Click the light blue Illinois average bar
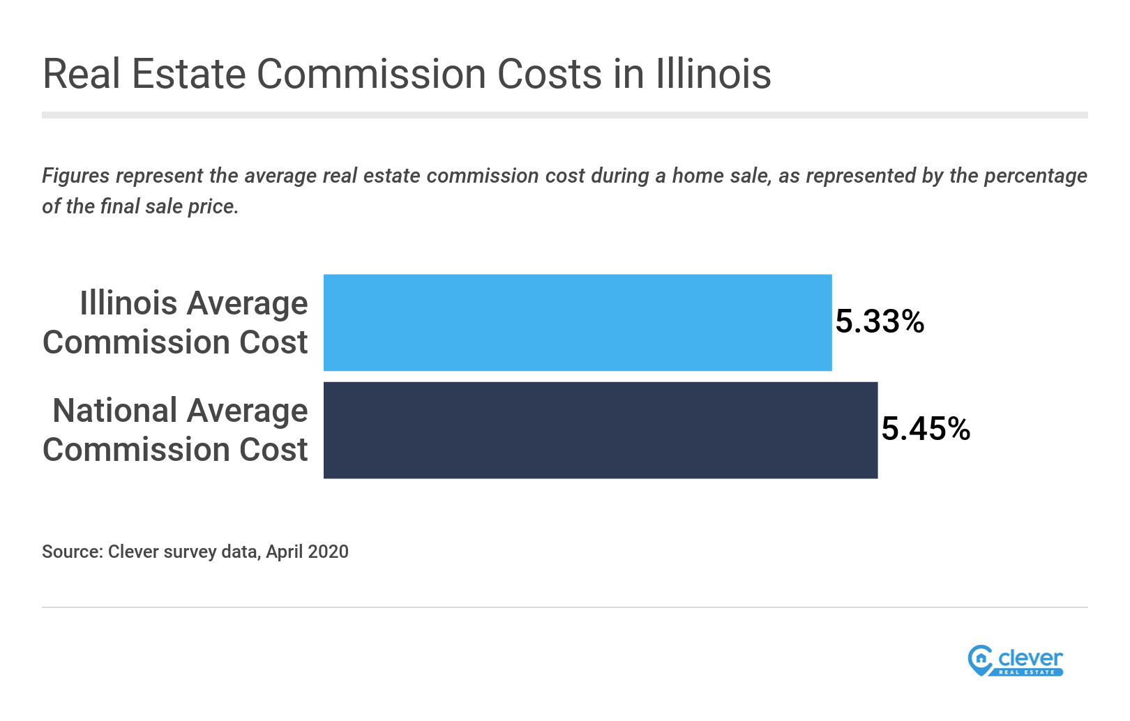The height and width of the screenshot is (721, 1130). [x=578, y=322]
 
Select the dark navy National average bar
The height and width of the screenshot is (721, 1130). [x=600, y=430]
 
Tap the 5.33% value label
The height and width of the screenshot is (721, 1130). [x=880, y=322]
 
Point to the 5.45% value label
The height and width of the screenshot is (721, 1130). [x=926, y=430]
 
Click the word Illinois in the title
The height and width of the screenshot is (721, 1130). [x=713, y=74]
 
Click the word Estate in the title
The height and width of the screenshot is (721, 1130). [x=188, y=74]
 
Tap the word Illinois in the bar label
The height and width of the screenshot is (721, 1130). [x=128, y=303]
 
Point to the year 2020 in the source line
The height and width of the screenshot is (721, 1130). [x=328, y=552]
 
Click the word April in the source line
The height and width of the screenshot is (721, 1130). [x=284, y=552]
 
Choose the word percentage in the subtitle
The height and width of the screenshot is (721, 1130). [x=1035, y=176]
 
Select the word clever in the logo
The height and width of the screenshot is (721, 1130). [x=1030, y=658]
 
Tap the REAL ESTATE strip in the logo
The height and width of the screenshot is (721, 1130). [x=1027, y=672]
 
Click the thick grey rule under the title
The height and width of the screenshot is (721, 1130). [x=564, y=115]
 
